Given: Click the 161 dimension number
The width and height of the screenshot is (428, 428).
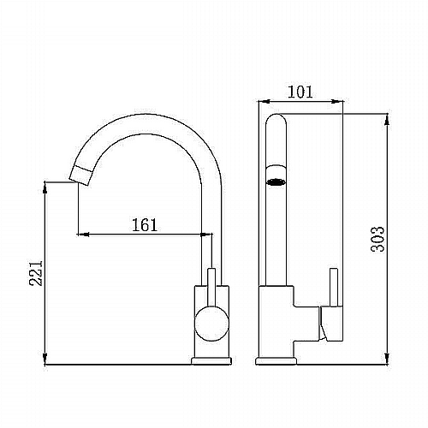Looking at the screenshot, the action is pos(145,225).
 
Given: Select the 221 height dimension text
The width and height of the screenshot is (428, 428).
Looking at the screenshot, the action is pos(36,273).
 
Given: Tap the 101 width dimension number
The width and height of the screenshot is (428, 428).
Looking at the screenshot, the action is pos(300,92).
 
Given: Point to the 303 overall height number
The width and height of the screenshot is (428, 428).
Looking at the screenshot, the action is pos(377,239).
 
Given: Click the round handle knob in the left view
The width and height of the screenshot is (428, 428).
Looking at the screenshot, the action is pos(211,324).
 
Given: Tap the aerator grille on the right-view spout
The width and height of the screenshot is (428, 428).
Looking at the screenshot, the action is pos(276,181).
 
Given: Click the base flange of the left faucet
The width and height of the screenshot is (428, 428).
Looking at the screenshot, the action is pos(211,361).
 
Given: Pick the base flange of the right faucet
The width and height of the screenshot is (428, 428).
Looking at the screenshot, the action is pos(276,361).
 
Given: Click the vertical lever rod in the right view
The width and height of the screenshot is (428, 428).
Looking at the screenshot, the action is pos(334,288).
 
